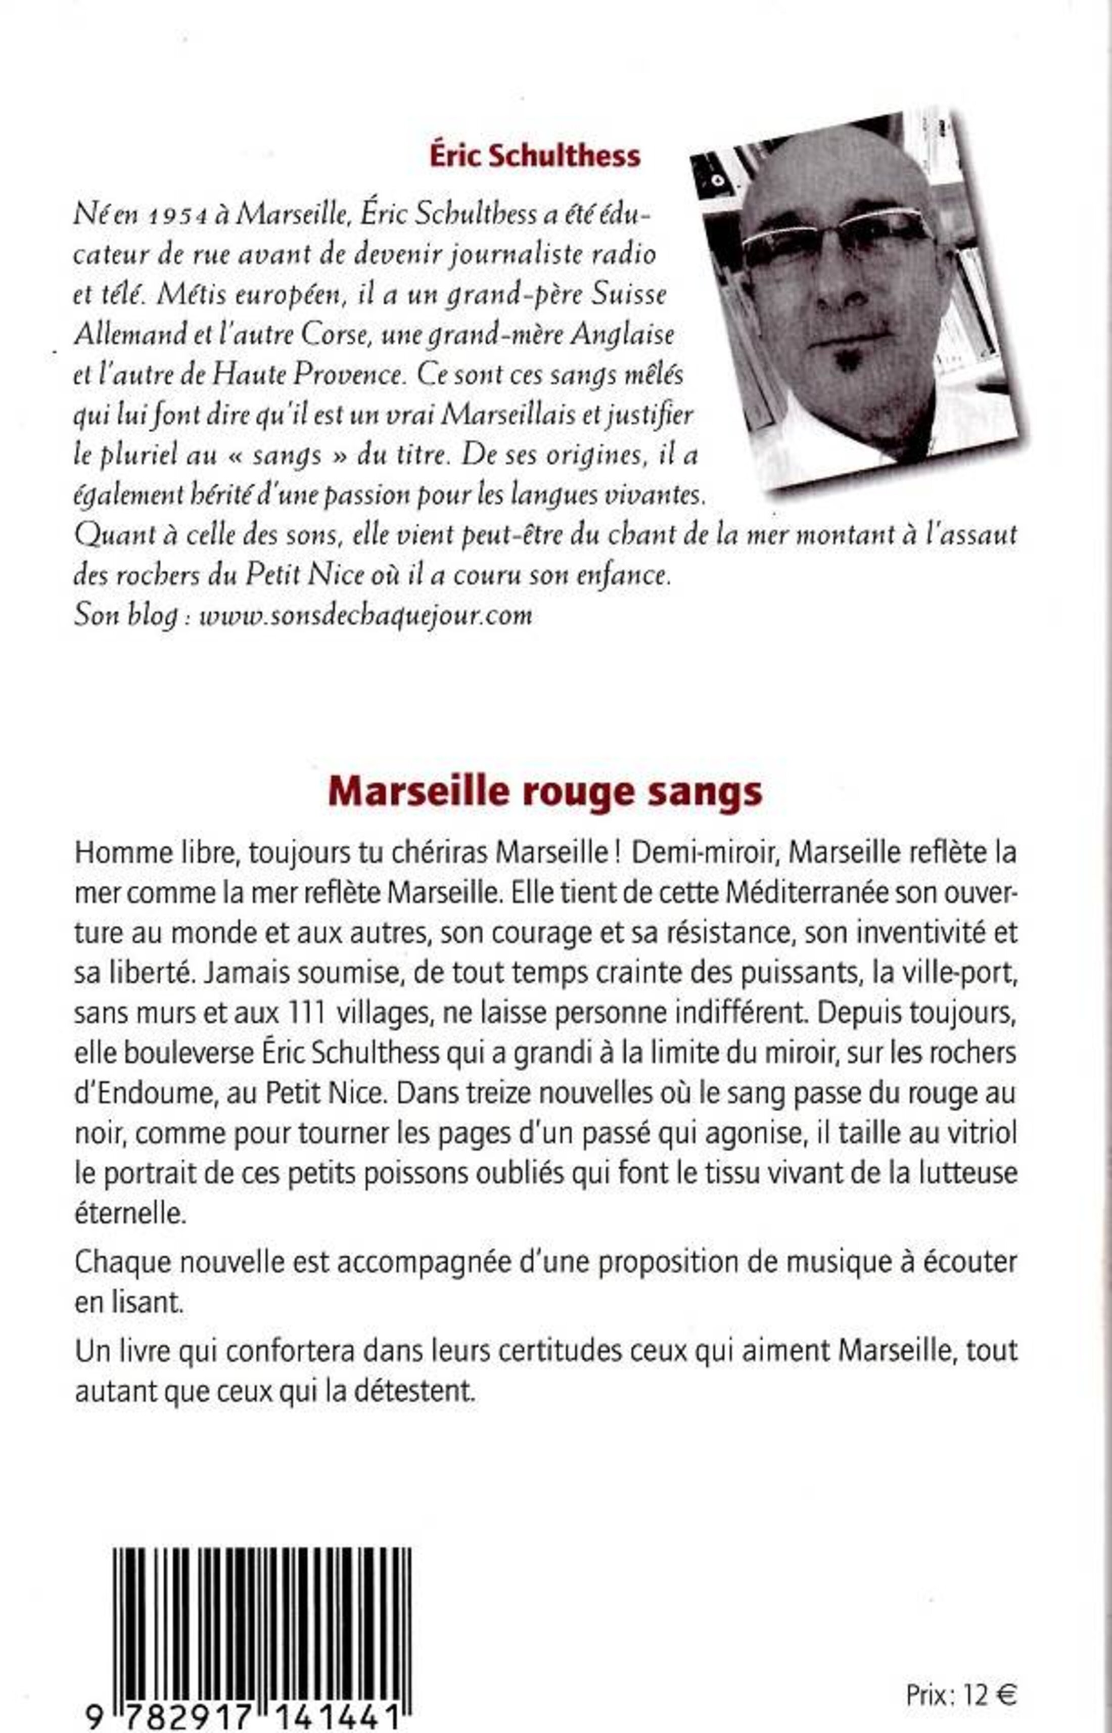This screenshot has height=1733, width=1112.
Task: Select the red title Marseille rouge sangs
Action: coord(545,792)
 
